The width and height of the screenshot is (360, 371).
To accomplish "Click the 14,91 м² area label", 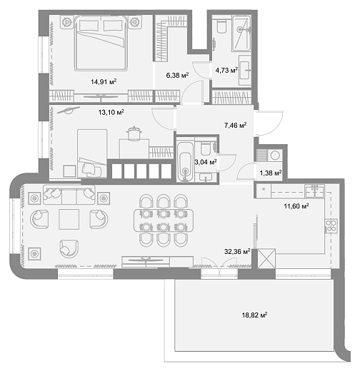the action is (104, 82).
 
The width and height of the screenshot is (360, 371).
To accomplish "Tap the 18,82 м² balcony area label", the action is (254, 315).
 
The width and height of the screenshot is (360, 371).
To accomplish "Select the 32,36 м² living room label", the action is (237, 251).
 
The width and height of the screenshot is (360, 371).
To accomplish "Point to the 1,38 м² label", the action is (271, 173).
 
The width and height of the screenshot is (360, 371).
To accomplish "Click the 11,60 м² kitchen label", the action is (296, 206).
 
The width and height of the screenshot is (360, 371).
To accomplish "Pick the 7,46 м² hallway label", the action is (235, 125).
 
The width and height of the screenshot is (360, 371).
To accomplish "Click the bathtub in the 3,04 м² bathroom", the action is (185, 162).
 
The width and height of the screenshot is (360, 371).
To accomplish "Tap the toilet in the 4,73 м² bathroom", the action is (221, 26).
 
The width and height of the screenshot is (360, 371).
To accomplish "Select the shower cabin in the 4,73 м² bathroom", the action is (241, 33).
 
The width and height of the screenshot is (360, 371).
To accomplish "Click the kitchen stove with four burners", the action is (331, 225).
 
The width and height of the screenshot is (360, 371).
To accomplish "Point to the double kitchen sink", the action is (315, 191).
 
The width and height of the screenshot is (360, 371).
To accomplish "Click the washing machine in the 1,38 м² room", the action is (275, 156).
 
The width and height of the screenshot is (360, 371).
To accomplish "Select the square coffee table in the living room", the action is (69, 219).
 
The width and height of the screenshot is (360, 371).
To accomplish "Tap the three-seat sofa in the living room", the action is (69, 195).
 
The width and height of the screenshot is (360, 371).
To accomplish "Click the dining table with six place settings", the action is (164, 220).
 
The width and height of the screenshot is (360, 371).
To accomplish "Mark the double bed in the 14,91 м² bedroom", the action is (101, 44).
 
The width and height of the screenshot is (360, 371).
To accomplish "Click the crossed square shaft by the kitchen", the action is (266, 258).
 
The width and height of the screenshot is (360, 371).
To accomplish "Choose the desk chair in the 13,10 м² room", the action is (134, 134).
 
